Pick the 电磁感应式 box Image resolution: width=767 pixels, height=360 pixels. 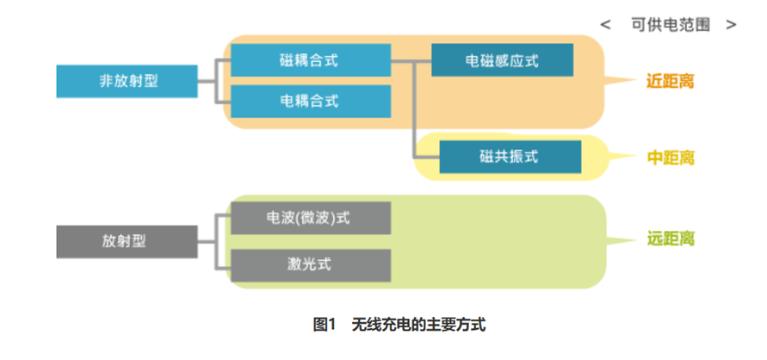click(x=502, y=60)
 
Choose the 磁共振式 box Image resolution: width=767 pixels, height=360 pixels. click(x=510, y=157)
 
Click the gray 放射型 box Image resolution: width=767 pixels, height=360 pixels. click(x=127, y=241)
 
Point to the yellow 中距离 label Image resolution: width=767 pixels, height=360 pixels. click(x=670, y=158)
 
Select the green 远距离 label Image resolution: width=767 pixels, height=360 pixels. click(x=670, y=239)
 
